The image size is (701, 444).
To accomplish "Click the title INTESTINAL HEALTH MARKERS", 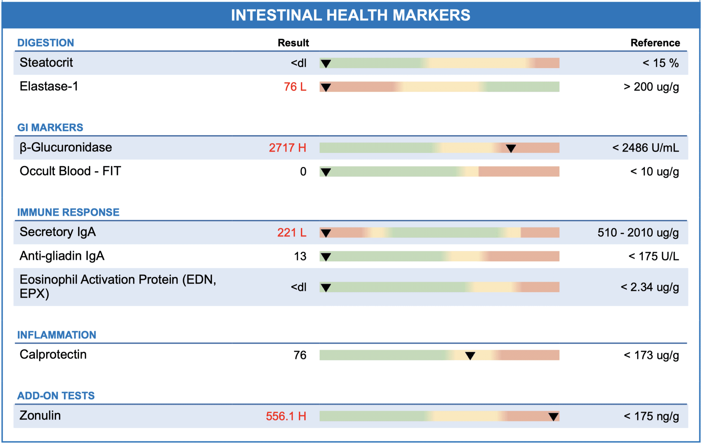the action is coord(350,15).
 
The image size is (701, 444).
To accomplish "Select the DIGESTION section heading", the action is coord(46,43).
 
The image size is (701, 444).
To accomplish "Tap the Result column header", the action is coord(293,43).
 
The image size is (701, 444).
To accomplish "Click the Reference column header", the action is coord(655,43).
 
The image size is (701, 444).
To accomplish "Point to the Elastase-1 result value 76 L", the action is coord(295,87).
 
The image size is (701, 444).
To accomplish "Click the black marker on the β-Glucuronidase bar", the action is coord(511,148).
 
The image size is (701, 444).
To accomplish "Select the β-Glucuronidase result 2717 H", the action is coord(288,148).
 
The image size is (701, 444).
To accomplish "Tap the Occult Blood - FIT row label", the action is coord(70,171).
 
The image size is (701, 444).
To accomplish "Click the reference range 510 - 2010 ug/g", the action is coord(638,233).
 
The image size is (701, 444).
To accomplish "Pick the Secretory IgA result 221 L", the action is coord(292,233).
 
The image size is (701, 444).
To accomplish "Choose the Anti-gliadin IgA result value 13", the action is coord(300,256).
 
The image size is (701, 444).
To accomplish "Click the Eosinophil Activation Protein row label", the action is coord(118,287).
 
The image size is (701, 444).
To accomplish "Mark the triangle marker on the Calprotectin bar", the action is coord(470,356).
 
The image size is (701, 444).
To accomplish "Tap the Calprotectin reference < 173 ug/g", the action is coord(651,355).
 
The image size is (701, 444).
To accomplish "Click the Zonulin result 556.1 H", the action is coord(286,416).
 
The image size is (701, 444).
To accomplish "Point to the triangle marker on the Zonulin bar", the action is coord(553,417).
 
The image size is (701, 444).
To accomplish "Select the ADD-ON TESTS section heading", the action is coord(56,396).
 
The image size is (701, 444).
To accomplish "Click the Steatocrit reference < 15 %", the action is coord(661,63).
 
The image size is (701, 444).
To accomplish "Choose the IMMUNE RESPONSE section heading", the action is coord(68,212).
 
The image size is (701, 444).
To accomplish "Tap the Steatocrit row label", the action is coord(46,63).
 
